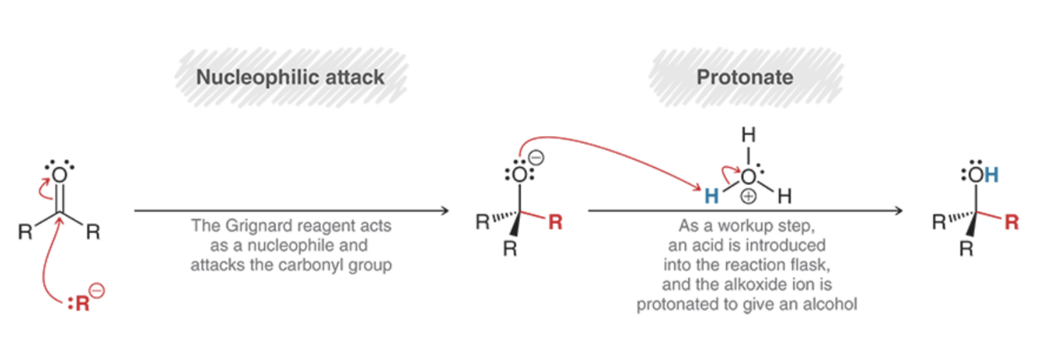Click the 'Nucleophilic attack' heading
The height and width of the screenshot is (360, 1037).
290,78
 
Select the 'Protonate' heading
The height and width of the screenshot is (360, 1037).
745,78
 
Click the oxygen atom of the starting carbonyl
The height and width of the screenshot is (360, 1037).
59,175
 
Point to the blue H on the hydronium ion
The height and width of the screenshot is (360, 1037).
711,197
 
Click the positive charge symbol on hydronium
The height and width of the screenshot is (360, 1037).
749,197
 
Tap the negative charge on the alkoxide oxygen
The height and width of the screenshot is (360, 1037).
536,158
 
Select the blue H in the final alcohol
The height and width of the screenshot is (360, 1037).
991,175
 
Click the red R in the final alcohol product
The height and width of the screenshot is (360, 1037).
1011,223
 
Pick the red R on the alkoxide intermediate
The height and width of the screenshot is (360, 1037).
556,223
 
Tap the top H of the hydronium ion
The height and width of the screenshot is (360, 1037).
749,135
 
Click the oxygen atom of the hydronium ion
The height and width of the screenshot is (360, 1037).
749,177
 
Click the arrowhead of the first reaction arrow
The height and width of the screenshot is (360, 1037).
445,211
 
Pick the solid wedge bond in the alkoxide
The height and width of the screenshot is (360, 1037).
515,225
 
